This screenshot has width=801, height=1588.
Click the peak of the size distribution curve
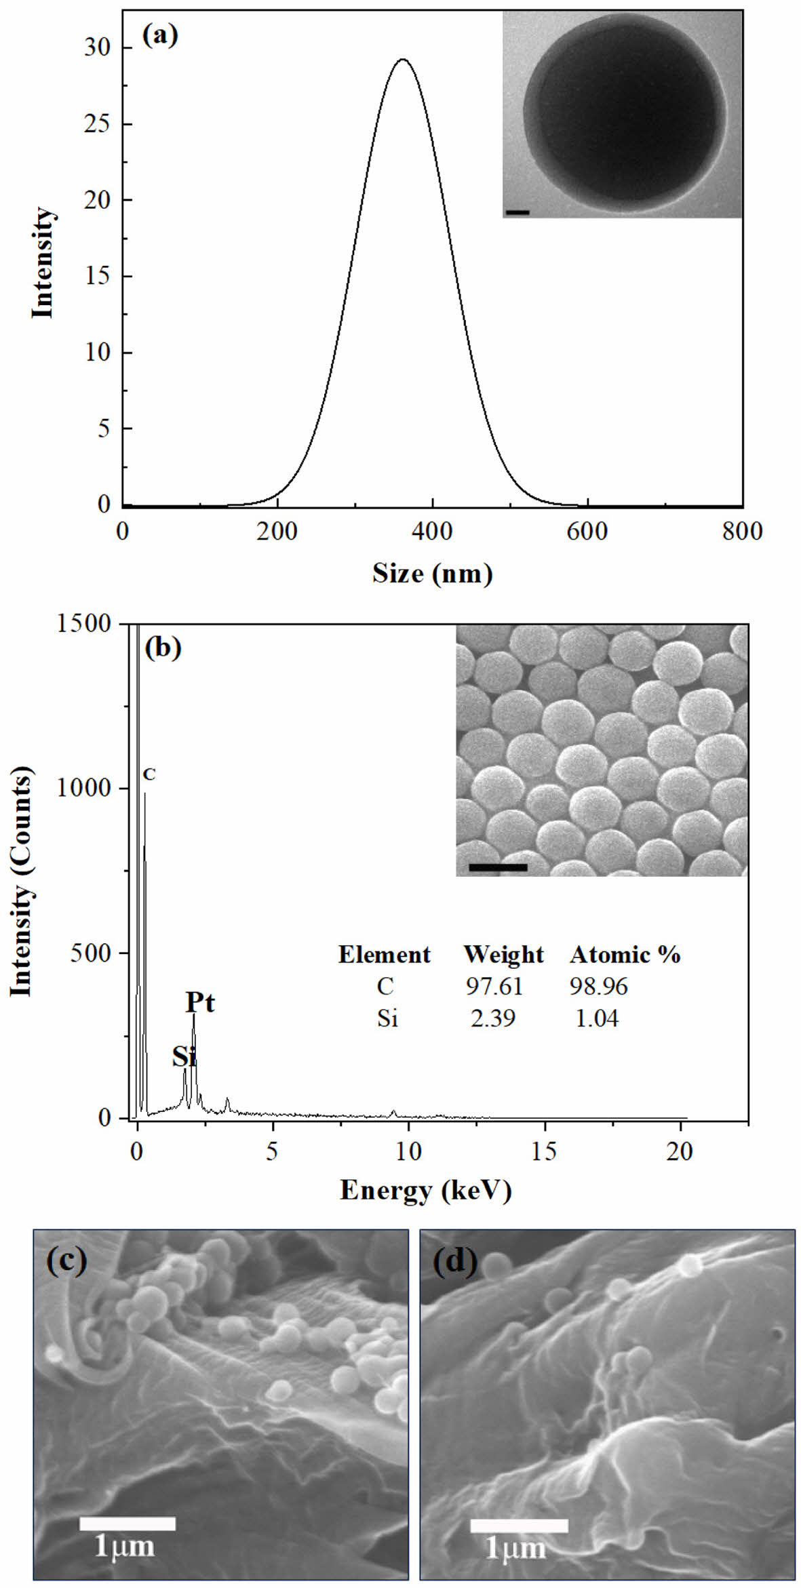click(403, 60)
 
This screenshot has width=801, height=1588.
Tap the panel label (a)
click(160, 34)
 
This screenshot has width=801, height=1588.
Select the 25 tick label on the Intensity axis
click(98, 124)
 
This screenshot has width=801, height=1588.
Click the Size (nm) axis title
click(432, 574)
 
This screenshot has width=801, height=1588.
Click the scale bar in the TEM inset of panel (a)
click(517, 213)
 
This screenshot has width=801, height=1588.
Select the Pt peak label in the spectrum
click(200, 1002)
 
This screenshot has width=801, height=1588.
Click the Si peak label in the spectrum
click(184, 1056)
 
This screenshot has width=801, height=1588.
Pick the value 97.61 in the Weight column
click(494, 986)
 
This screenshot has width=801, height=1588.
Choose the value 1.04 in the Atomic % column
click(597, 1018)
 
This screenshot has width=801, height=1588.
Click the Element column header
click(384, 955)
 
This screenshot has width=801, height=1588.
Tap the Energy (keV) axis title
click(425, 1190)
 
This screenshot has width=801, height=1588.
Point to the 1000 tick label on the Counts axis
click(84, 788)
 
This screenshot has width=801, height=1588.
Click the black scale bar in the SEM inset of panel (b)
click(497, 867)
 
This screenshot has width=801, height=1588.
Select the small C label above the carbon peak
click(149, 774)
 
